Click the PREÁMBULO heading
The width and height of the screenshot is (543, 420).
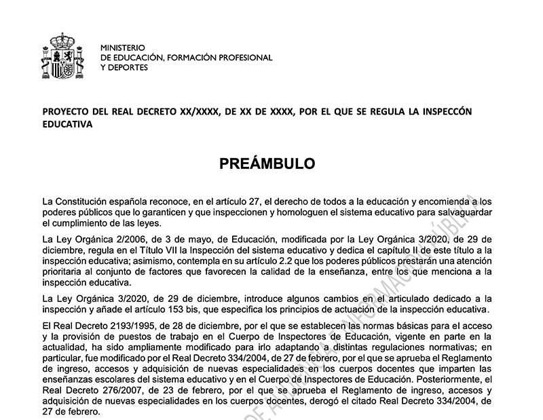[x=267, y=164]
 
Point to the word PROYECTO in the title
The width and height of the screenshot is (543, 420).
[x=67, y=111]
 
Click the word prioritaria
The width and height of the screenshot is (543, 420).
[x=64, y=272]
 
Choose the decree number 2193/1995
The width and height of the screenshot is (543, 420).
[x=126, y=326]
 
